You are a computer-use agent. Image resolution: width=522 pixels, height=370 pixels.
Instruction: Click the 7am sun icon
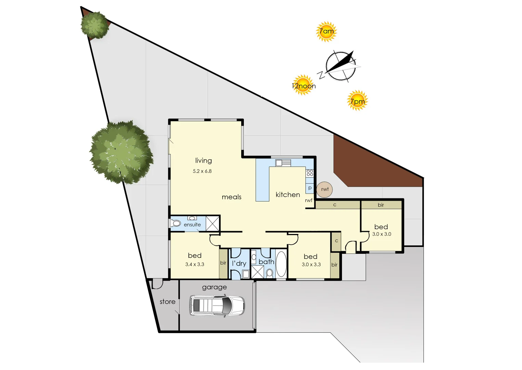click(x=326, y=32)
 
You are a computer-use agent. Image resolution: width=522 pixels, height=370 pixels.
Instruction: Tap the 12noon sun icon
click(x=303, y=85)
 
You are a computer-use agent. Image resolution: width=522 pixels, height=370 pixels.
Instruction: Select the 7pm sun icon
click(x=357, y=101)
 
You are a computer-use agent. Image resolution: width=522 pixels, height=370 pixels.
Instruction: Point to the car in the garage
click(x=217, y=305)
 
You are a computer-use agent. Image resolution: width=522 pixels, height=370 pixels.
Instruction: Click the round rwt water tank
click(x=324, y=189)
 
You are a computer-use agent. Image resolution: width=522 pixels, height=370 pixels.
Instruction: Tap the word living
click(x=204, y=160)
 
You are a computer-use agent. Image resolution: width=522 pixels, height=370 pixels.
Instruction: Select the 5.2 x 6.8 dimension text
click(x=202, y=171)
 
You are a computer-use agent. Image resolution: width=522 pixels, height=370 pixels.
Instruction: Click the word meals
click(x=232, y=197)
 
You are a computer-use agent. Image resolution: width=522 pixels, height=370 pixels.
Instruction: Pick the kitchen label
click(x=288, y=195)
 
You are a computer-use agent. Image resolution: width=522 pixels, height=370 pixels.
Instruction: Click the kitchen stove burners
click(x=310, y=173)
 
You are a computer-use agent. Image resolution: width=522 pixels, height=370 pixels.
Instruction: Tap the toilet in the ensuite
click(x=176, y=223)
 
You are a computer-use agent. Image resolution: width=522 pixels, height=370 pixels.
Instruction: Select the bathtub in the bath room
click(x=281, y=264)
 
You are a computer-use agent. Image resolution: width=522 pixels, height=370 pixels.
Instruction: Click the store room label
click(x=167, y=302)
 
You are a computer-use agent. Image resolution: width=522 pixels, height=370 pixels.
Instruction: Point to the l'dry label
click(x=239, y=263)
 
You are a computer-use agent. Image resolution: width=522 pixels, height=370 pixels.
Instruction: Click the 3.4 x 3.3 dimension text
click(x=195, y=264)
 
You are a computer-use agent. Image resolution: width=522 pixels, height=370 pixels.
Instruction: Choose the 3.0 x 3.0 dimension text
click(x=381, y=234)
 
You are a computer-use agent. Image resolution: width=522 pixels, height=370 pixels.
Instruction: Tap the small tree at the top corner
click(x=94, y=25)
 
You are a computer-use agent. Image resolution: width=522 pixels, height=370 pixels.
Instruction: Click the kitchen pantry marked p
click(x=310, y=188)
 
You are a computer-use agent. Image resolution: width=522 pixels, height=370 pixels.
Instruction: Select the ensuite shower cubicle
click(x=212, y=223)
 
